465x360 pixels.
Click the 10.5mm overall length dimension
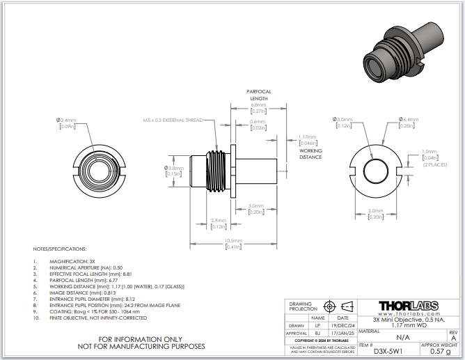tap(232, 241)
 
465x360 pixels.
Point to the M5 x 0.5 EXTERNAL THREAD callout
tap(173, 120)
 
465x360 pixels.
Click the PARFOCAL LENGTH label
tap(259, 95)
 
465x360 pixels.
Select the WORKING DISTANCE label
tap(310, 154)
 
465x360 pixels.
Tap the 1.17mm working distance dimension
tap(307, 136)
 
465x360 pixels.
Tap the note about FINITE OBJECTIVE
tap(98, 318)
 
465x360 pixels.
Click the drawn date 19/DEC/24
tap(343, 325)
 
